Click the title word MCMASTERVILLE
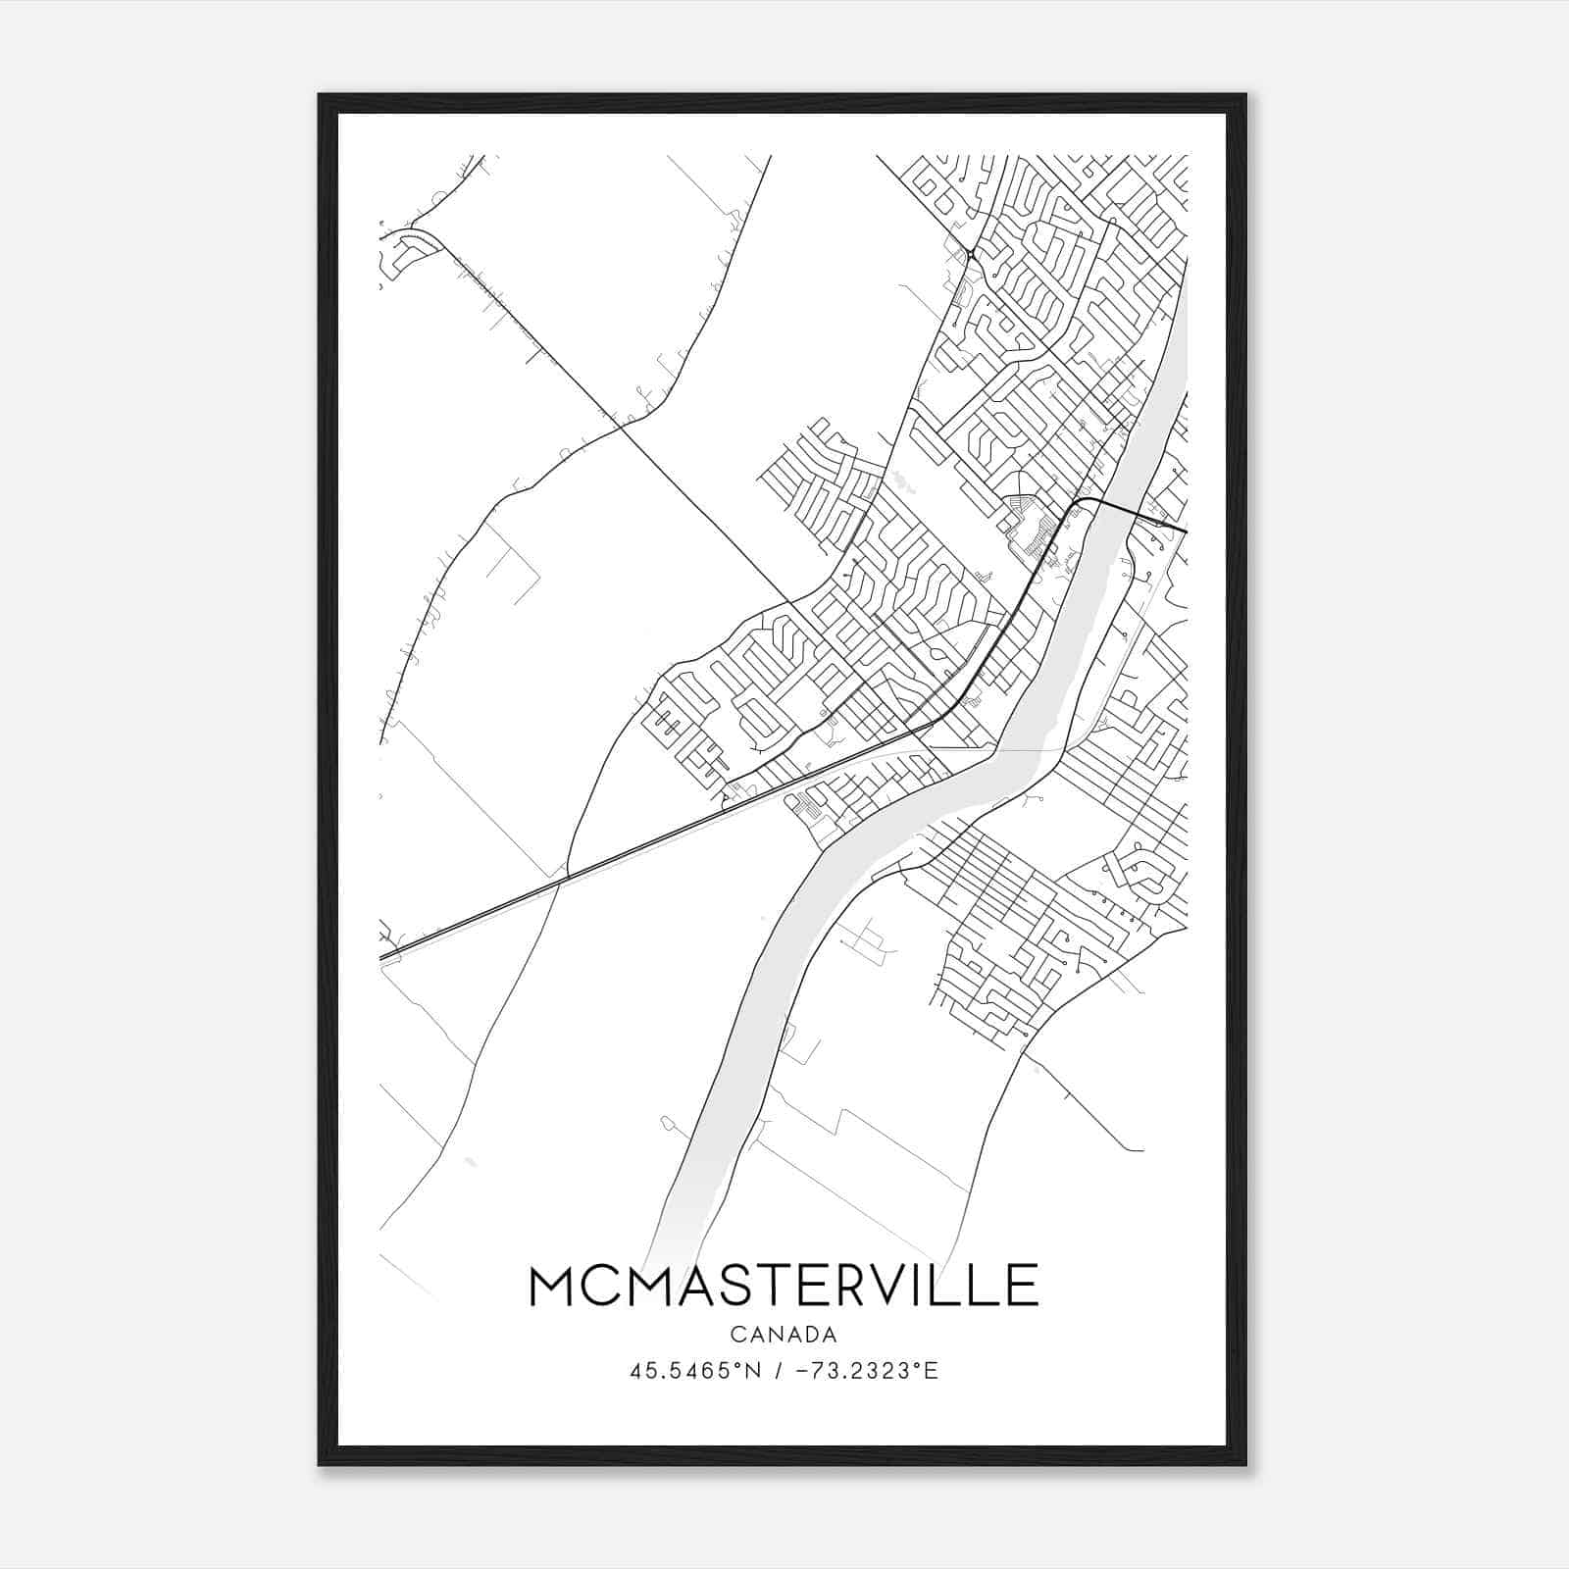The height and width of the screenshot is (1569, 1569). click(x=784, y=1286)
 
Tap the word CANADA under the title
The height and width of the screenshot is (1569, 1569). click(x=784, y=1335)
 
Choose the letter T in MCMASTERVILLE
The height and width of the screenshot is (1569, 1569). click(x=760, y=1286)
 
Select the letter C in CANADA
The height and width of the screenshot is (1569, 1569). click(x=736, y=1335)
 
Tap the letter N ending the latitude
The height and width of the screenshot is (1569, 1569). click(x=755, y=1370)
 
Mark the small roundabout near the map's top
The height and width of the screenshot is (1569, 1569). click(x=969, y=255)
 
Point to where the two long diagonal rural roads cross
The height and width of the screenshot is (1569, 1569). click(x=623, y=426)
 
